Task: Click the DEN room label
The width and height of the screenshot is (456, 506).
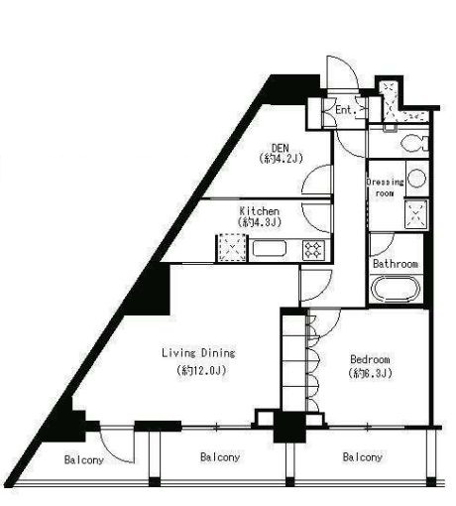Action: click(281, 147)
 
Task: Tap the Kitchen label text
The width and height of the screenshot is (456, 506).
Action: click(260, 211)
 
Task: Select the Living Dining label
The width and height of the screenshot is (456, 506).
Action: click(198, 353)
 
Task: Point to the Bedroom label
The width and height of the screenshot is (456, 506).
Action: click(370, 359)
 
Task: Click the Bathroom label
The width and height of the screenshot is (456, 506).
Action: click(396, 264)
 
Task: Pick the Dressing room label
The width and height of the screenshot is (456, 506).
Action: click(385, 188)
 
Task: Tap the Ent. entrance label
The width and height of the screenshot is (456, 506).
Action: click(345, 110)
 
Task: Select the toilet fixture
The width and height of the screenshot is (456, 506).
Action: click(414, 143)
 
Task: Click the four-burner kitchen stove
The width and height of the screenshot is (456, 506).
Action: click(313, 249)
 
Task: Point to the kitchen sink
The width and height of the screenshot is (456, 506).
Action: click(269, 248)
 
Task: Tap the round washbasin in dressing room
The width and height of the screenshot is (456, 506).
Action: click(416, 179)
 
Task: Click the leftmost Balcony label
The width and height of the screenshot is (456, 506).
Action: click(84, 459)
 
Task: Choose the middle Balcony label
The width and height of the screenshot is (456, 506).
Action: click(220, 457)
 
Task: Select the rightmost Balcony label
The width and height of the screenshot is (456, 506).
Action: click(363, 457)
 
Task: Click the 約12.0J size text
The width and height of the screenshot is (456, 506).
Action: click(201, 370)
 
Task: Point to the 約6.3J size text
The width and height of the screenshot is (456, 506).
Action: click(370, 373)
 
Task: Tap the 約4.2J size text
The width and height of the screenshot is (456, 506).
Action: click(281, 159)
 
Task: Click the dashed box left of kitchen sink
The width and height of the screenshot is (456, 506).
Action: click(232, 248)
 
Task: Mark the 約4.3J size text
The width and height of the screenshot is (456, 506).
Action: click(260, 222)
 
